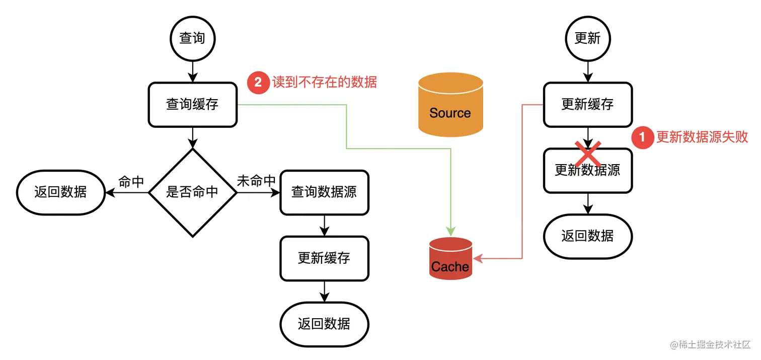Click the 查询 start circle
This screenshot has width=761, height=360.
click(192, 38)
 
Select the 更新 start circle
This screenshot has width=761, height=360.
click(587, 38)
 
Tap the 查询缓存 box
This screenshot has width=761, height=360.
click(192, 105)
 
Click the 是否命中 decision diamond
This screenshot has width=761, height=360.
click(192, 192)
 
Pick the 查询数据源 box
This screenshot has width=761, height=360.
click(324, 192)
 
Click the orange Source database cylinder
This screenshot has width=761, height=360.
click(450, 105)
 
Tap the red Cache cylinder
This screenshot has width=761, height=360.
click(450, 259)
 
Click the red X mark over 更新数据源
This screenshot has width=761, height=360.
click(587, 151)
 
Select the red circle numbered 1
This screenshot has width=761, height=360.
click(642, 137)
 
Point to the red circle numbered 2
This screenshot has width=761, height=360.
click(258, 82)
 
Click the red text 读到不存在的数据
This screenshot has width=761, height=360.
click(325, 82)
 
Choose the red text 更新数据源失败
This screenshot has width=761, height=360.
click(702, 137)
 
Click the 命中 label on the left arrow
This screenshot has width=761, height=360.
click(131, 182)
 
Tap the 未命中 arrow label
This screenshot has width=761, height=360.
click(256, 181)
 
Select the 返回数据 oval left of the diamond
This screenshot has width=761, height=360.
click(60, 192)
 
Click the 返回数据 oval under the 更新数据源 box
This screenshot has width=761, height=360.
click(587, 236)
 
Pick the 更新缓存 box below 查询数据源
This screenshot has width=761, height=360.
click(324, 258)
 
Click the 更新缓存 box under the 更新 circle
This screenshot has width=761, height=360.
click(587, 105)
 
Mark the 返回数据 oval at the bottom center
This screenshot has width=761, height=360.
click(324, 324)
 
